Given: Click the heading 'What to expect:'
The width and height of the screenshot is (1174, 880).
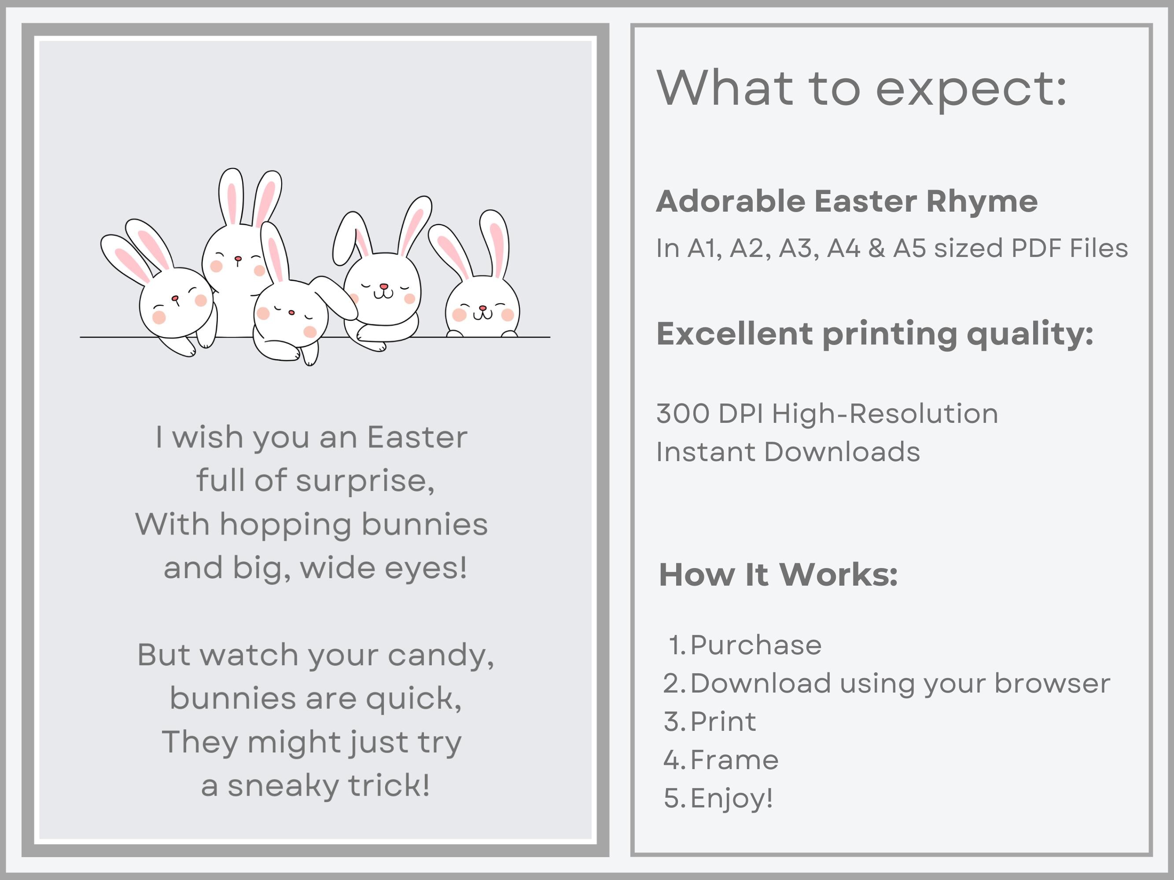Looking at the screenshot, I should [861, 88].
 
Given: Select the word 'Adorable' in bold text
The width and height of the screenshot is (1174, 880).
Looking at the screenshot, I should [731, 202].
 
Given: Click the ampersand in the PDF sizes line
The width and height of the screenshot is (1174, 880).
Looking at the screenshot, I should [877, 248].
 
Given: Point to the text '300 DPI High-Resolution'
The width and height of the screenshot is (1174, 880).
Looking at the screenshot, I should [827, 413].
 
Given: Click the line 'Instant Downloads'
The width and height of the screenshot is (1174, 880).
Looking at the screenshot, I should [788, 452].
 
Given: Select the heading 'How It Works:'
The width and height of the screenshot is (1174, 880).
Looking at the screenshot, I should [778, 575].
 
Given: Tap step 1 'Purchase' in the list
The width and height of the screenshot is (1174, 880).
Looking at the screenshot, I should [755, 645].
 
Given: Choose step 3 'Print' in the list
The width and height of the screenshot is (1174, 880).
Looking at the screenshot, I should [722, 722].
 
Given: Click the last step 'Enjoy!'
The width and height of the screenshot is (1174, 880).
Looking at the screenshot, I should [731, 798].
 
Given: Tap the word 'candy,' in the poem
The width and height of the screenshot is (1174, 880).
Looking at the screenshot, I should [441, 655].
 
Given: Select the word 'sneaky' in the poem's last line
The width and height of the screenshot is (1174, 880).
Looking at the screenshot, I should [283, 785].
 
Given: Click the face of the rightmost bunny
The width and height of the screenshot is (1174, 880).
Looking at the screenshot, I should [482, 310].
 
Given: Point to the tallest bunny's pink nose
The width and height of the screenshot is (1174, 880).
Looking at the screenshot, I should [238, 259].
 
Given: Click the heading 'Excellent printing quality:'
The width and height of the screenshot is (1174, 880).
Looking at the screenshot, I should [875, 334].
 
